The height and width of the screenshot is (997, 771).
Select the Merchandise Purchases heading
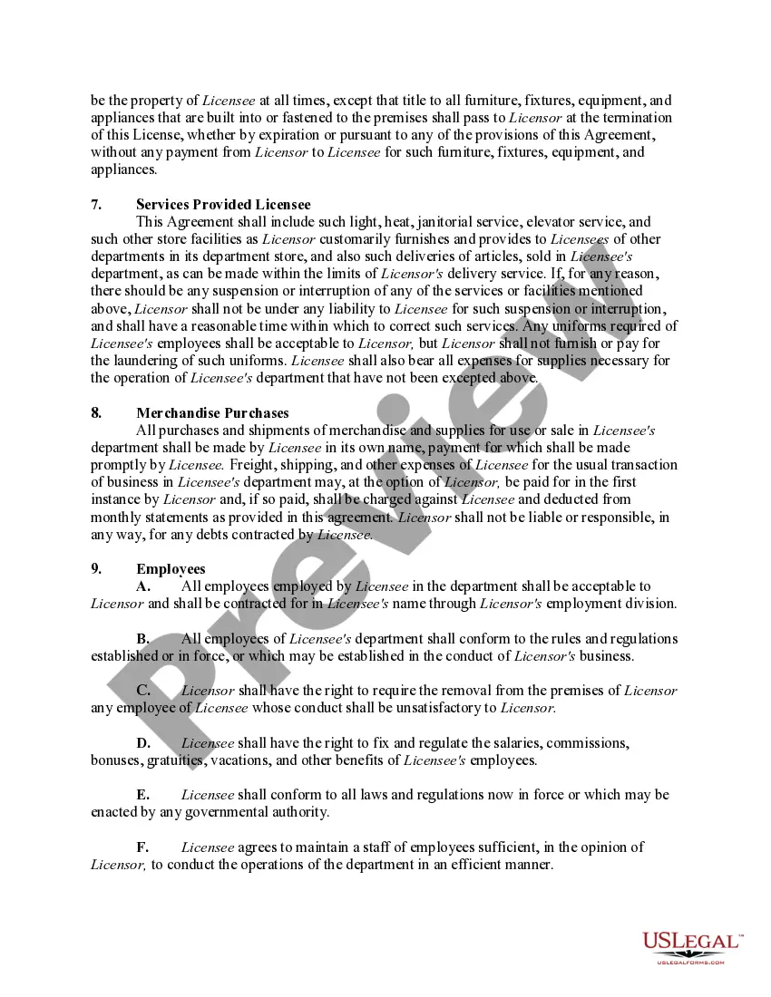(x=212, y=413)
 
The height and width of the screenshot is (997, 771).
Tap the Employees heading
(x=171, y=569)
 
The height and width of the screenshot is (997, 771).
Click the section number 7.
(x=96, y=205)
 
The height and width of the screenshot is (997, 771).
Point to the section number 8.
(x=96, y=413)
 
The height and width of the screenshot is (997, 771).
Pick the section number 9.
(x=96, y=569)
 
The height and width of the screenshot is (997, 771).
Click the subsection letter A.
(x=143, y=586)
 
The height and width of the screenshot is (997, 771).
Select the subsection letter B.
(x=143, y=639)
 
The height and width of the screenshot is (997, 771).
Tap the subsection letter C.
(x=143, y=691)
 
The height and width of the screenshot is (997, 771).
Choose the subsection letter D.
(x=143, y=743)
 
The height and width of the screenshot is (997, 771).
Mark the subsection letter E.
(x=143, y=795)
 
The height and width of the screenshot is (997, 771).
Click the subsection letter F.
(x=143, y=847)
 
